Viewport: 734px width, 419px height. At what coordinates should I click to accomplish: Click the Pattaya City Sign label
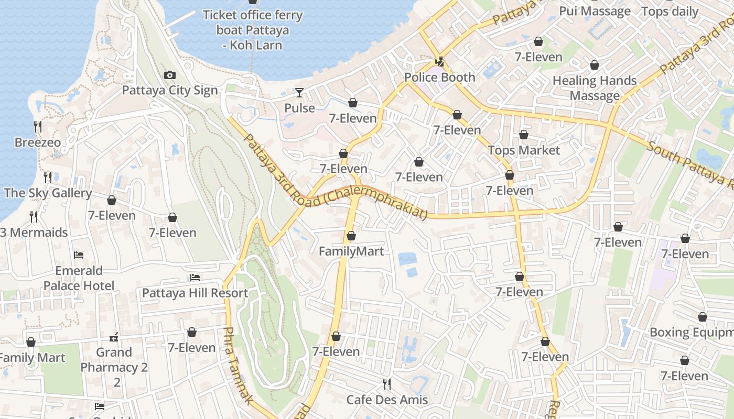pyautogui.click(x=169, y=90)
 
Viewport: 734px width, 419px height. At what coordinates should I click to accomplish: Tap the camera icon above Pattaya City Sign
pyautogui.click(x=169, y=75)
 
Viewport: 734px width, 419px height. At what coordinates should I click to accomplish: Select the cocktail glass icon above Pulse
pyautogui.click(x=299, y=93)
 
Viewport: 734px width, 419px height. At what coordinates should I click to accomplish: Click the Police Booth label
pyautogui.click(x=439, y=78)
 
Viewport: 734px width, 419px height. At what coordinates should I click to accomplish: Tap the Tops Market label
pyautogui.click(x=523, y=150)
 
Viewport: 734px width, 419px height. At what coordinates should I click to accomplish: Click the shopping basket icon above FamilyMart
pyautogui.click(x=351, y=236)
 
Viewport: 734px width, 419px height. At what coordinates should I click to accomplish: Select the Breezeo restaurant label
pyautogui.click(x=37, y=142)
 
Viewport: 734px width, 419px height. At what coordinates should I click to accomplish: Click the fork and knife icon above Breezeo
pyautogui.click(x=37, y=127)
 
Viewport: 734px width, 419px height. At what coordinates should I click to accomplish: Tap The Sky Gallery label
pyautogui.click(x=48, y=193)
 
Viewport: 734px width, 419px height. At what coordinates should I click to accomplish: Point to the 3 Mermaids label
pyautogui.click(x=34, y=232)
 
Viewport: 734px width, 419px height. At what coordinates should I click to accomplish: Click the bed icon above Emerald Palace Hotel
pyautogui.click(x=79, y=255)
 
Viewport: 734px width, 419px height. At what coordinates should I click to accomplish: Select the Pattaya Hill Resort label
pyautogui.click(x=195, y=293)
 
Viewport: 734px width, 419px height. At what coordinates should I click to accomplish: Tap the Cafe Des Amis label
pyautogui.click(x=387, y=400)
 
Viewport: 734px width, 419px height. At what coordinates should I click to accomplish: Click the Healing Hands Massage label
pyautogui.click(x=595, y=88)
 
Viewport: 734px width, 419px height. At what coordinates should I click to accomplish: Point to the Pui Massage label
pyautogui.click(x=595, y=11)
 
